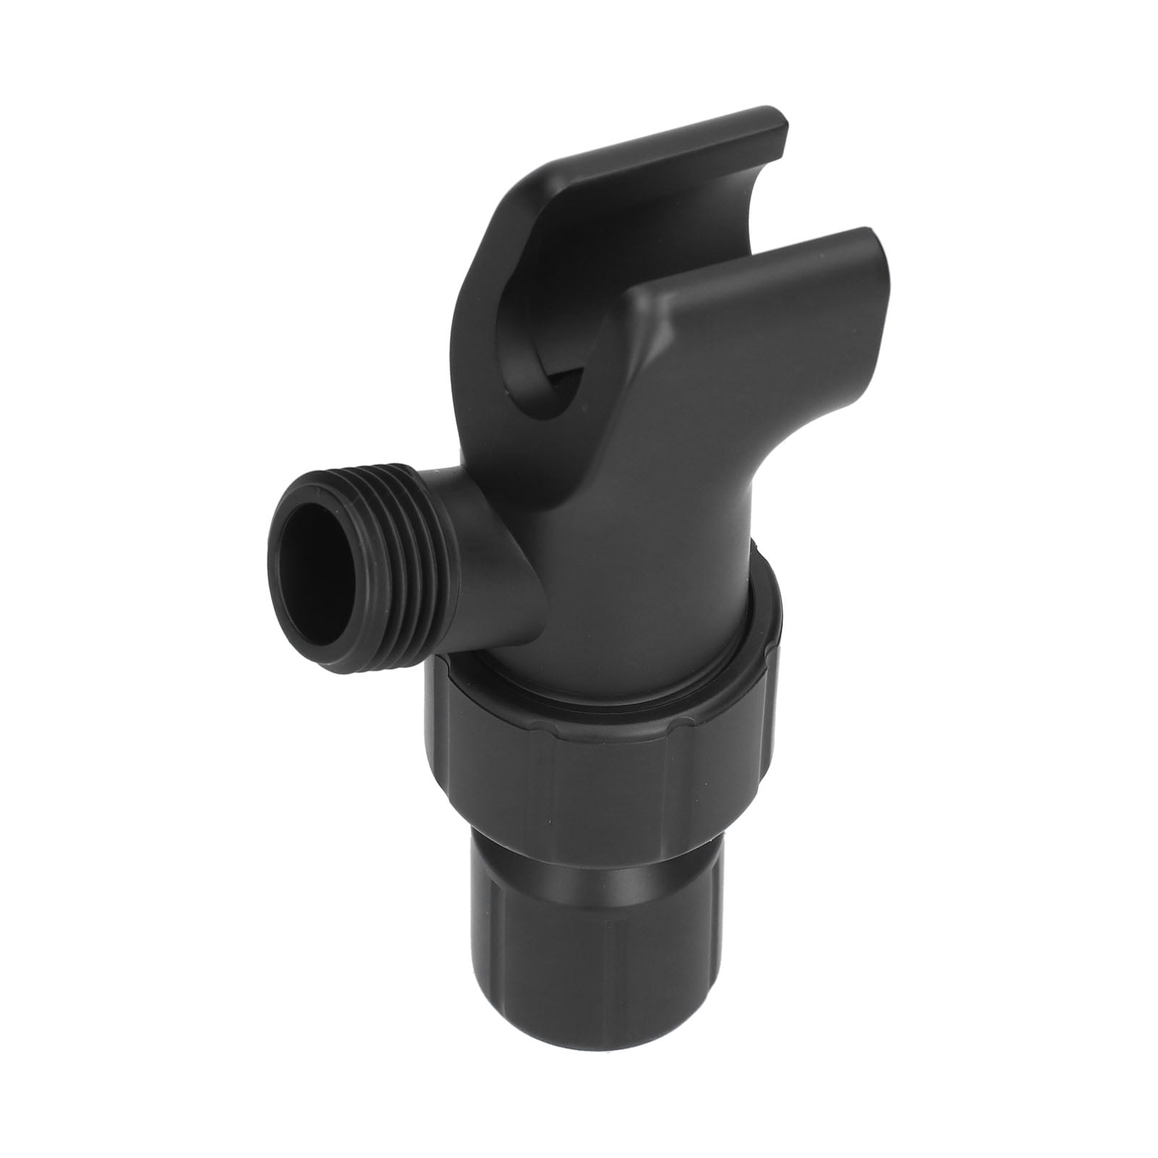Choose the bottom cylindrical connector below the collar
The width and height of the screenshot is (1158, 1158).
(x=579, y=998)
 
